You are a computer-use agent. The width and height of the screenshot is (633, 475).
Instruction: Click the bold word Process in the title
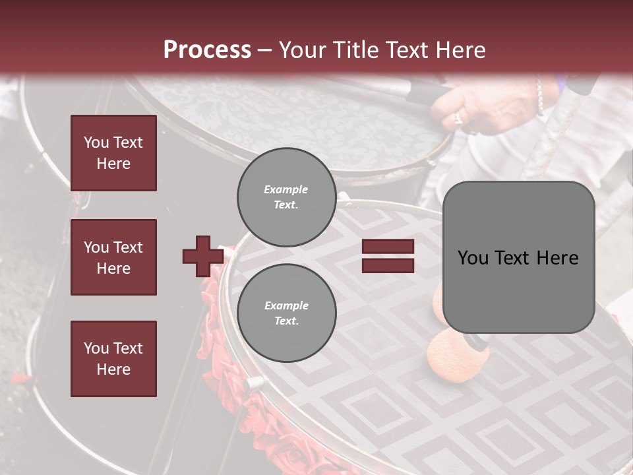click(x=207, y=50)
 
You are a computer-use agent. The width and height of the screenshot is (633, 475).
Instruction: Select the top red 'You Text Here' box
click(x=113, y=153)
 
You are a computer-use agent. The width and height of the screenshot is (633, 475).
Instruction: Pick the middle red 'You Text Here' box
click(x=113, y=257)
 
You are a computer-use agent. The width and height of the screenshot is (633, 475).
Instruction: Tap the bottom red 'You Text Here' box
click(x=113, y=358)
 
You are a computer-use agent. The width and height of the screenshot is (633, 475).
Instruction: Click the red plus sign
click(x=203, y=256)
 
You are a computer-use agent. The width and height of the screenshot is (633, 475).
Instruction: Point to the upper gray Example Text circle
click(x=286, y=197)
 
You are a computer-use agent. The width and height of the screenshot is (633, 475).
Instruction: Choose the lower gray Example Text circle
click(x=286, y=313)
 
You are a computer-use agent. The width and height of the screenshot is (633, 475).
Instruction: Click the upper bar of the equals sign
click(x=388, y=247)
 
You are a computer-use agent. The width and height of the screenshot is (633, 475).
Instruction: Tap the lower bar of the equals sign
click(x=388, y=265)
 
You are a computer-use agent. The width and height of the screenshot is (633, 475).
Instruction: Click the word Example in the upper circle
click(x=286, y=189)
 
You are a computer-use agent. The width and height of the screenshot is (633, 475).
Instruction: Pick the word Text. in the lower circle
click(x=286, y=321)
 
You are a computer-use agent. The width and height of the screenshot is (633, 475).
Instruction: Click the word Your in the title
click(x=300, y=50)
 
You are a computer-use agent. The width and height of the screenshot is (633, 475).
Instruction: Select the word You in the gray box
click(x=473, y=257)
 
